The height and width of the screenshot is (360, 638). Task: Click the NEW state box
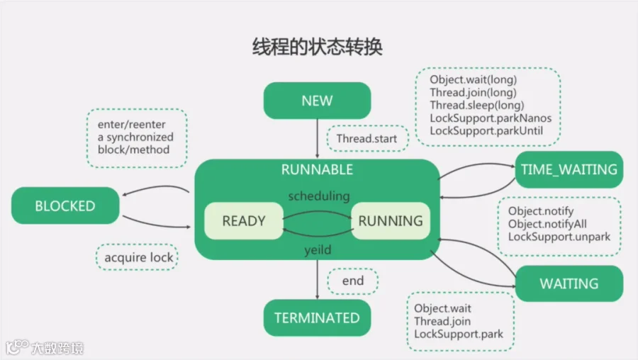(x=317, y=101)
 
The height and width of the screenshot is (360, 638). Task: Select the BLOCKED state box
(x=65, y=206)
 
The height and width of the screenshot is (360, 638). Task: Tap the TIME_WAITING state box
(x=569, y=170)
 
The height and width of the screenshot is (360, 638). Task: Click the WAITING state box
(x=569, y=283)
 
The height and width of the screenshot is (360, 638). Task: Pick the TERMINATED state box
(x=317, y=317)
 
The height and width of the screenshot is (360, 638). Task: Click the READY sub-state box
(x=243, y=220)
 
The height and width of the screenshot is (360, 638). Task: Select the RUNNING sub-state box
(x=391, y=220)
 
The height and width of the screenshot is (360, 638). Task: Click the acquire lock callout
(x=138, y=257)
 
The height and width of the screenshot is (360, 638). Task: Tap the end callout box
(x=352, y=281)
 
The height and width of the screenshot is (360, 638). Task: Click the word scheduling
(x=318, y=195)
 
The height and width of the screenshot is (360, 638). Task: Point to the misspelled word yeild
(x=318, y=249)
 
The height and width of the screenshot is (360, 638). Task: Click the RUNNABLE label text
(x=317, y=170)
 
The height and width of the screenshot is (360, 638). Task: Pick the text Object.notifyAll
(x=547, y=224)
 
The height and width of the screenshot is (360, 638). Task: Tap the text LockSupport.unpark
(x=559, y=237)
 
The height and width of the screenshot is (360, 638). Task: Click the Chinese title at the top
(x=318, y=47)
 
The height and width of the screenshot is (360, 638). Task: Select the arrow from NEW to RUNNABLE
(x=318, y=138)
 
